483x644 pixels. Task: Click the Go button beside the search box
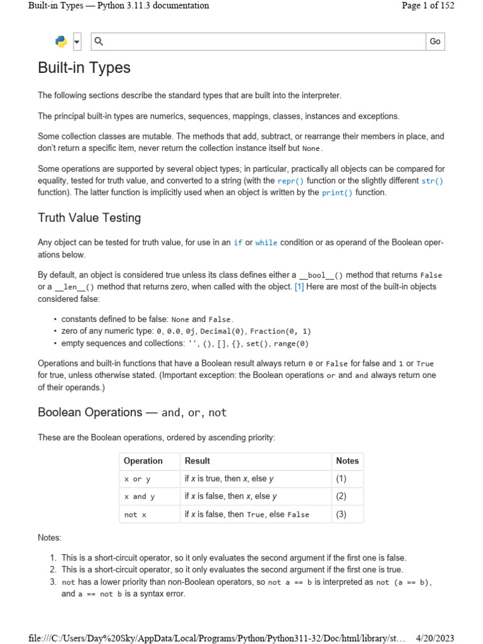tap(435, 42)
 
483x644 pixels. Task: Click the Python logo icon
tap(61, 42)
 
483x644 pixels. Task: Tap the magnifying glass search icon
tap(99, 42)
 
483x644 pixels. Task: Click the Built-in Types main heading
tap(84, 68)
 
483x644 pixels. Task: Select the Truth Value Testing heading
tap(89, 218)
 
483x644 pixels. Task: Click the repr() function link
tap(291, 180)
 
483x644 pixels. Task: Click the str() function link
tap(432, 180)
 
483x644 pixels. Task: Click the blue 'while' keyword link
tap(266, 243)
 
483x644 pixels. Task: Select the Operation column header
tap(143, 461)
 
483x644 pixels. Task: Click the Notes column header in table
tap(347, 461)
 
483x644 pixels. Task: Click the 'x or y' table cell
tap(137, 479)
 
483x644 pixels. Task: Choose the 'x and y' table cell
tap(140, 497)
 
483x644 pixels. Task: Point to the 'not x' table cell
tap(135, 514)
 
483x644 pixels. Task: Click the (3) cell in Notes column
tap(341, 514)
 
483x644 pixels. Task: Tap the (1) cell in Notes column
tap(341, 479)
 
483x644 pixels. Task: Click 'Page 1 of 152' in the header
tap(436, 6)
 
